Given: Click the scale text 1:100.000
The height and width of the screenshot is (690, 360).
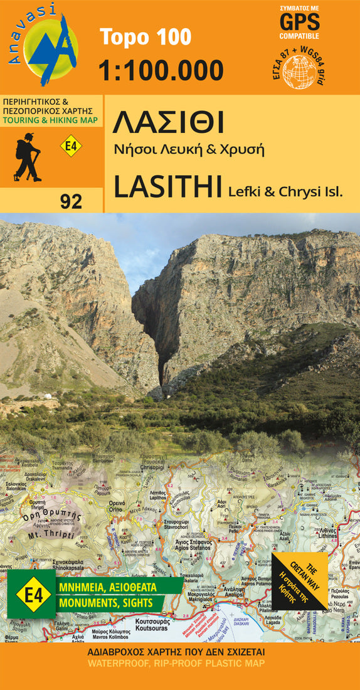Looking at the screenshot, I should click(x=161, y=70).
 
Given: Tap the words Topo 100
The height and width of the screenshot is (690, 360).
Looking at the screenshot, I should click(x=146, y=38).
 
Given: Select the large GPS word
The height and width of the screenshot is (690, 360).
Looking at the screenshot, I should click(x=303, y=24).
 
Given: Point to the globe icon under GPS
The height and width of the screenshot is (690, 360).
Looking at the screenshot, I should click(x=304, y=68).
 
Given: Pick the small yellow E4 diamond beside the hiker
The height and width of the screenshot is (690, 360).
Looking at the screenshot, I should click(x=71, y=147).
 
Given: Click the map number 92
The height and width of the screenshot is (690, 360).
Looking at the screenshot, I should click(x=71, y=201).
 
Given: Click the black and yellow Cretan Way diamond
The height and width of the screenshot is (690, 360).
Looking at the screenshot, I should click(x=301, y=580).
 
